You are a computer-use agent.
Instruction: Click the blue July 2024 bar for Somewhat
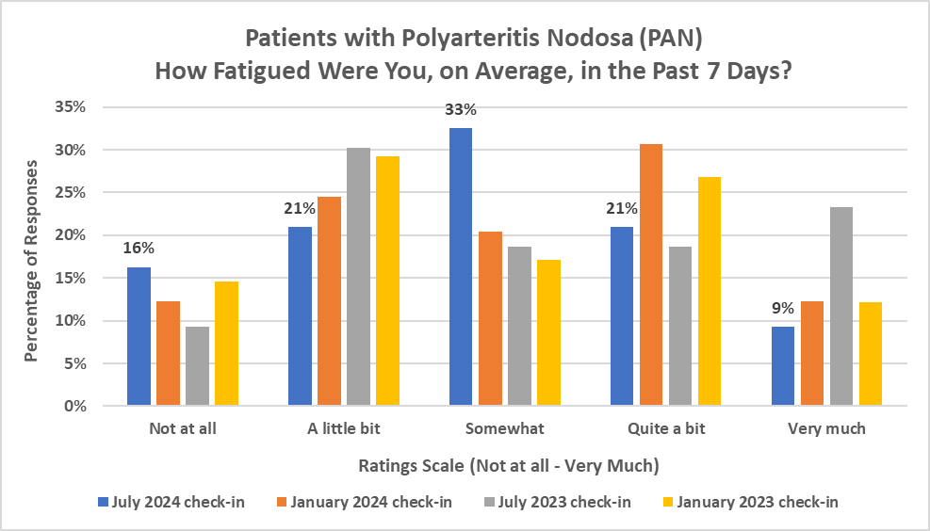coord(461,267)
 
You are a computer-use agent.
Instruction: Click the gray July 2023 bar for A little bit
coord(358,277)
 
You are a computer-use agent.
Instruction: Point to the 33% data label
coord(462,110)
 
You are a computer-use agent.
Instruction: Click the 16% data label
coord(139,249)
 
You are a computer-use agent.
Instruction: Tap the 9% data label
coord(783,307)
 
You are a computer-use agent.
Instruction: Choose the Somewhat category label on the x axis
coord(504,429)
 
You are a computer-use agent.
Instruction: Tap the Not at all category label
coord(183,429)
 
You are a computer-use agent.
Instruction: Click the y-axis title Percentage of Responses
coord(31,258)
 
